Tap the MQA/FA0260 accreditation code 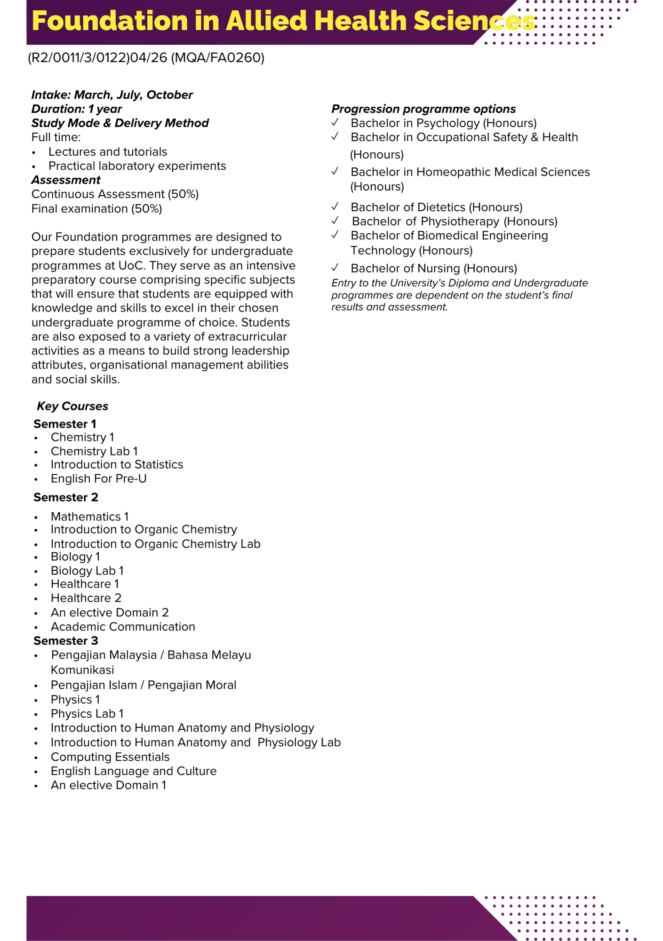tap(217, 58)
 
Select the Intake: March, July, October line tap(112, 95)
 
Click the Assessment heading tap(66, 180)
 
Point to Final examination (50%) tap(96, 208)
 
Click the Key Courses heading tap(72, 406)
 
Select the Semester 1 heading tap(65, 424)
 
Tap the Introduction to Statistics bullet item tap(117, 465)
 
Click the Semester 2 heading tap(66, 497)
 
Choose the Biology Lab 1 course tap(87, 571)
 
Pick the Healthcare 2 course tap(86, 598)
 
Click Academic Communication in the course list tap(123, 627)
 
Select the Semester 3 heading tap(66, 641)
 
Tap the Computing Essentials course tap(110, 757)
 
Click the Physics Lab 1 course tap(87, 714)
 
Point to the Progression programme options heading tap(423, 109)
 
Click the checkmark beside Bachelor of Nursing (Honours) tap(335, 268)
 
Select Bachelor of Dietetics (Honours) tap(436, 207)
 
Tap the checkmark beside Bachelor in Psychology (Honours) tap(335, 122)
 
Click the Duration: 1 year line tap(77, 109)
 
